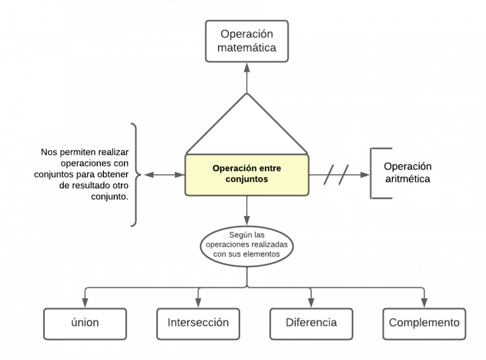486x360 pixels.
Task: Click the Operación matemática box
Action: pyautogui.click(x=247, y=41)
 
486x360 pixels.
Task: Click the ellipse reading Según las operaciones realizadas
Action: pyautogui.click(x=247, y=245)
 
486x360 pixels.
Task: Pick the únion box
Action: pyautogui.click(x=85, y=323)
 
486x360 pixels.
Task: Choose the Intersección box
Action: pyautogui.click(x=198, y=323)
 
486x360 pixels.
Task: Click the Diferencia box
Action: pyautogui.click(x=311, y=323)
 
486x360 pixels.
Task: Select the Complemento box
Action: pyautogui.click(x=424, y=323)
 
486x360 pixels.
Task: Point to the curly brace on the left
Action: pyautogui.click(x=135, y=175)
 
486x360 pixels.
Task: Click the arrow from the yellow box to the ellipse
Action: pyautogui.click(x=247, y=211)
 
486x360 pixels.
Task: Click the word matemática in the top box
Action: pyautogui.click(x=247, y=48)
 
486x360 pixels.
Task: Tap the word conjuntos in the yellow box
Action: pyautogui.click(x=247, y=180)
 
